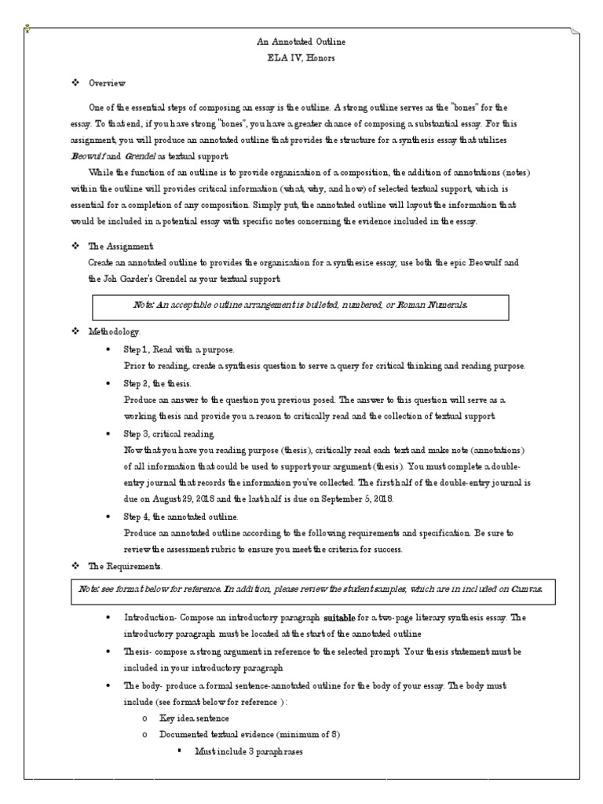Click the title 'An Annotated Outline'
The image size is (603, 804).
coord(301,41)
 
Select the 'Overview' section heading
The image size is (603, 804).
coord(107,82)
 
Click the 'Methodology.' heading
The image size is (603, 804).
coord(115,332)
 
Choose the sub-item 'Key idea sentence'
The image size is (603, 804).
coord(194,718)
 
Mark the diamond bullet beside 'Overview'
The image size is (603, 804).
coord(75,82)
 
